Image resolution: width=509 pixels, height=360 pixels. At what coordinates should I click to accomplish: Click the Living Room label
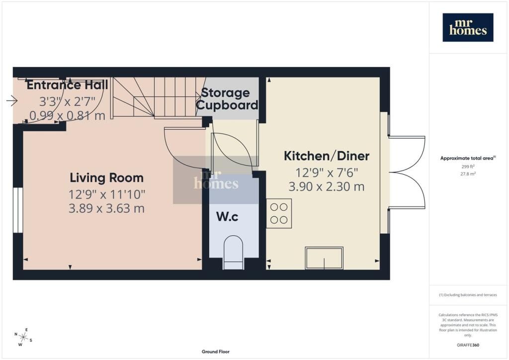click(x=106, y=178)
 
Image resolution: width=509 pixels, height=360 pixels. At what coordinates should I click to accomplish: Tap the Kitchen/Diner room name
click(x=327, y=156)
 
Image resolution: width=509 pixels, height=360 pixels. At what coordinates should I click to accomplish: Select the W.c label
click(x=227, y=217)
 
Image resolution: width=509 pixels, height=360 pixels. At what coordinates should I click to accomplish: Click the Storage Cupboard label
click(x=227, y=98)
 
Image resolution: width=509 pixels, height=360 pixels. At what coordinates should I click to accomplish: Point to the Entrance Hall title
click(x=67, y=85)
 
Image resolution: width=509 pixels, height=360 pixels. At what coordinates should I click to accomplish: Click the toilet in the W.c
click(x=234, y=252)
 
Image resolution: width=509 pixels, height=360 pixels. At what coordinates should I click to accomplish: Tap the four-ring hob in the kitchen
click(x=279, y=213)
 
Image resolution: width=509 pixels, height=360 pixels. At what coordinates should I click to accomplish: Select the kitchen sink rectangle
click(x=324, y=258)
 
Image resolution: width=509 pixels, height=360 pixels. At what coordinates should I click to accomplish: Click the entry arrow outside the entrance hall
click(x=12, y=100)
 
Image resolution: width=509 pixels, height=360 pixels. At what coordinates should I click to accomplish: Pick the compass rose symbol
click(x=23, y=337)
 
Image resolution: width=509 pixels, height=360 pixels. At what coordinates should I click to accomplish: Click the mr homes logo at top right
click(x=468, y=27)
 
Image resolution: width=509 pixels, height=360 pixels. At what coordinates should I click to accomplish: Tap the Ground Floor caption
click(x=216, y=352)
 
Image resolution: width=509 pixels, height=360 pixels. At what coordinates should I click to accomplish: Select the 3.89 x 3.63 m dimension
click(x=106, y=208)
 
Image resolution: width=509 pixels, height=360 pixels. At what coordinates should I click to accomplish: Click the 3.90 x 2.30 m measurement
click(x=327, y=186)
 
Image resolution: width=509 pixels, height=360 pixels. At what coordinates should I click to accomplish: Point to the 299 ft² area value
click(x=468, y=167)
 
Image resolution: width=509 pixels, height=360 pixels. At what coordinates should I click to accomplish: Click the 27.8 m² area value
click(x=468, y=174)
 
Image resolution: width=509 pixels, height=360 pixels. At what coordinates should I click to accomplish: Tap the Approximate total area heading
click(x=468, y=159)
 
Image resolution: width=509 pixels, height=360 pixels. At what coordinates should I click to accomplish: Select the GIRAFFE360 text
click(x=468, y=345)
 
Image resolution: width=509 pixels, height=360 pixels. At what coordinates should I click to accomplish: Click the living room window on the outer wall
click(x=18, y=210)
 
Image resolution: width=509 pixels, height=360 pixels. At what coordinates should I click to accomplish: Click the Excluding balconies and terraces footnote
click(x=468, y=295)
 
